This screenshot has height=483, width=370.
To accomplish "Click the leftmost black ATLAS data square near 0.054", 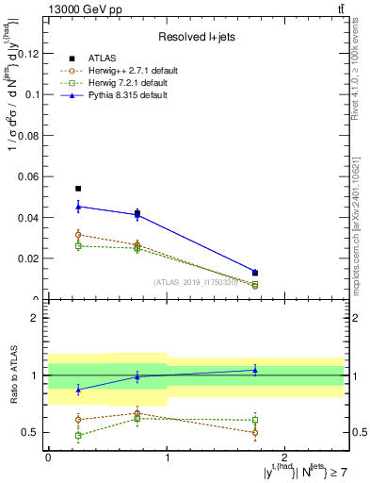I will pyautogui.click(x=78, y=189).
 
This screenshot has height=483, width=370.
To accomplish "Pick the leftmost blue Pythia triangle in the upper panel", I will pyautogui.click(x=78, y=206).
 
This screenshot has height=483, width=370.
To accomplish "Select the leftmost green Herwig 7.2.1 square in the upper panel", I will pyautogui.click(x=78, y=245).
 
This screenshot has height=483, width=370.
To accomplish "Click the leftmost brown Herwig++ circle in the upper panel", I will pyautogui.click(x=78, y=234).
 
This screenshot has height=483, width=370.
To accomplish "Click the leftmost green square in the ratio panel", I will pyautogui.click(x=78, y=435).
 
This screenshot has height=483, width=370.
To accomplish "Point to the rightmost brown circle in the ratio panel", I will pyautogui.click(x=255, y=433).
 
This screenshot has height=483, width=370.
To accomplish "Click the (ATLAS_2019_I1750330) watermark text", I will pyautogui.click(x=196, y=281).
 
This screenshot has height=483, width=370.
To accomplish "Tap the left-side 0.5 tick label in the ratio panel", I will pyautogui.click(x=33, y=433).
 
